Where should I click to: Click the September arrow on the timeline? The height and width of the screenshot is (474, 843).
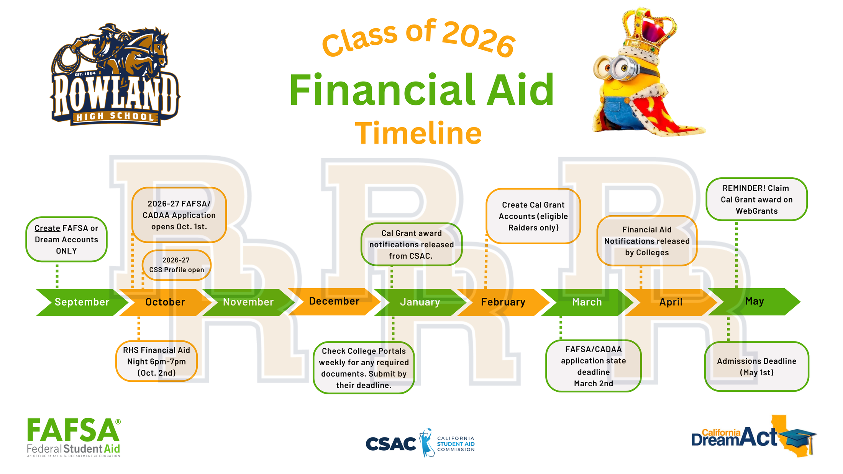[82, 302]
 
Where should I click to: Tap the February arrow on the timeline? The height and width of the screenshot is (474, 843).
[503, 302]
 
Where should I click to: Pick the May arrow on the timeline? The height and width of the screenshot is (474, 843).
[754, 301]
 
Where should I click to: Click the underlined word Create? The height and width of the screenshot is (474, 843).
[47, 228]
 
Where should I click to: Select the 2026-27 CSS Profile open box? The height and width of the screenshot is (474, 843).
[177, 265]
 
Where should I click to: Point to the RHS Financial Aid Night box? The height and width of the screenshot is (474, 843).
[156, 361]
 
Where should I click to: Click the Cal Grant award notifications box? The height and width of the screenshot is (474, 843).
[412, 244]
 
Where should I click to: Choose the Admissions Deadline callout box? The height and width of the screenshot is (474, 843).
[756, 366]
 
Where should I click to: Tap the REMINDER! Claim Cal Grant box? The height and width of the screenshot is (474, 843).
[756, 199]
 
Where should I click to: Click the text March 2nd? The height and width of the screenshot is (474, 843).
[593, 383]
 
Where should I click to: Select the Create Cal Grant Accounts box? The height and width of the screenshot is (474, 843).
[533, 216]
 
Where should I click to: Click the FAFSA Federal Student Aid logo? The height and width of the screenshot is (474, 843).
[74, 437]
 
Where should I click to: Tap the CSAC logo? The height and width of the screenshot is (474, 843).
[420, 443]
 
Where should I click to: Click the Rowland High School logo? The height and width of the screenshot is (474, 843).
[115, 75]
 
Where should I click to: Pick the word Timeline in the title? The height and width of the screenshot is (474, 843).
[418, 133]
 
